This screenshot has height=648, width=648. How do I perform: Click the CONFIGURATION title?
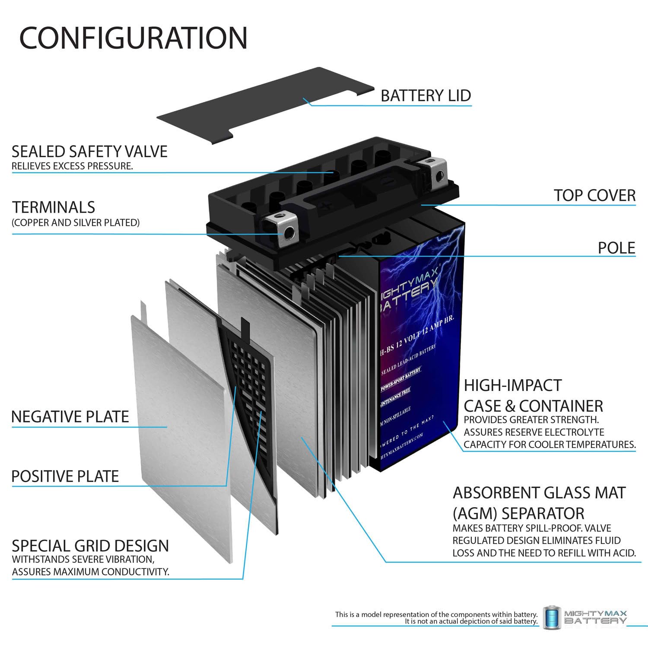coord(133,38)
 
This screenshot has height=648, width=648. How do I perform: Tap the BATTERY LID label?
coord(426,95)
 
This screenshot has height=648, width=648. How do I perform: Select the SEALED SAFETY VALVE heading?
coord(89,152)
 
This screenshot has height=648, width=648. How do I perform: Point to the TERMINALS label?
coord(54,207)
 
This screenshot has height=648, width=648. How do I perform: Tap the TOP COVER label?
coord(594,195)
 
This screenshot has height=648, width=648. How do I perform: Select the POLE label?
coord(616,248)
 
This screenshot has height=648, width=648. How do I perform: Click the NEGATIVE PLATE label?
coord(70,416)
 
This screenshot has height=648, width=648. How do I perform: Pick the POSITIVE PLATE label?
coord(65,476)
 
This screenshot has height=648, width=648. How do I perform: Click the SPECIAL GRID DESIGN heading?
coord(90,546)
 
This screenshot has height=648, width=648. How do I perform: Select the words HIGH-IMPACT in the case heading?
coord(512,385)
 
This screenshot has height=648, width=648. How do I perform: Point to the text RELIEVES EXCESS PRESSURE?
coord(72,166)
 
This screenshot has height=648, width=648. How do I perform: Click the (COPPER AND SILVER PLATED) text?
coord(76,222)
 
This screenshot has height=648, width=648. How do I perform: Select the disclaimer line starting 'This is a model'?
coord(436,614)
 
